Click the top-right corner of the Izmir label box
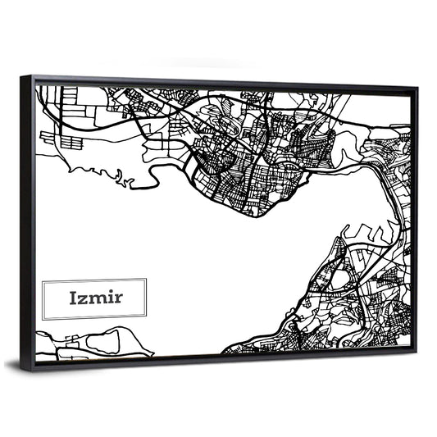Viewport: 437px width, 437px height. click(146, 279)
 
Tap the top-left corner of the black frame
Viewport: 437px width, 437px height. click(23, 76)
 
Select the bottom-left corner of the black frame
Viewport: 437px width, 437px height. click(30, 371)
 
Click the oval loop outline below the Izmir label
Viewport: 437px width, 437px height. click(103, 344)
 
